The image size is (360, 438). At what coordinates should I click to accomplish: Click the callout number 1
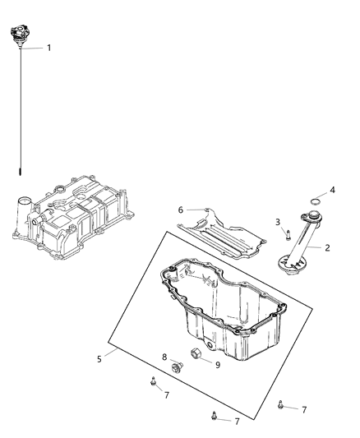click(48, 48)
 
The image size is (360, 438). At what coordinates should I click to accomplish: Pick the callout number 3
click(278, 221)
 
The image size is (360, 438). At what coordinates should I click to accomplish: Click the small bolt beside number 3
click(288, 234)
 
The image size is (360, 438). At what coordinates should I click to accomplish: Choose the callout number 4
click(332, 190)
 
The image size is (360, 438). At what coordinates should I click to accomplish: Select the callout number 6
click(181, 210)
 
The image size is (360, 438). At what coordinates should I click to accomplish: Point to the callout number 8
click(164, 357)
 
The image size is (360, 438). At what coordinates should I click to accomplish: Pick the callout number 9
click(217, 365)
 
